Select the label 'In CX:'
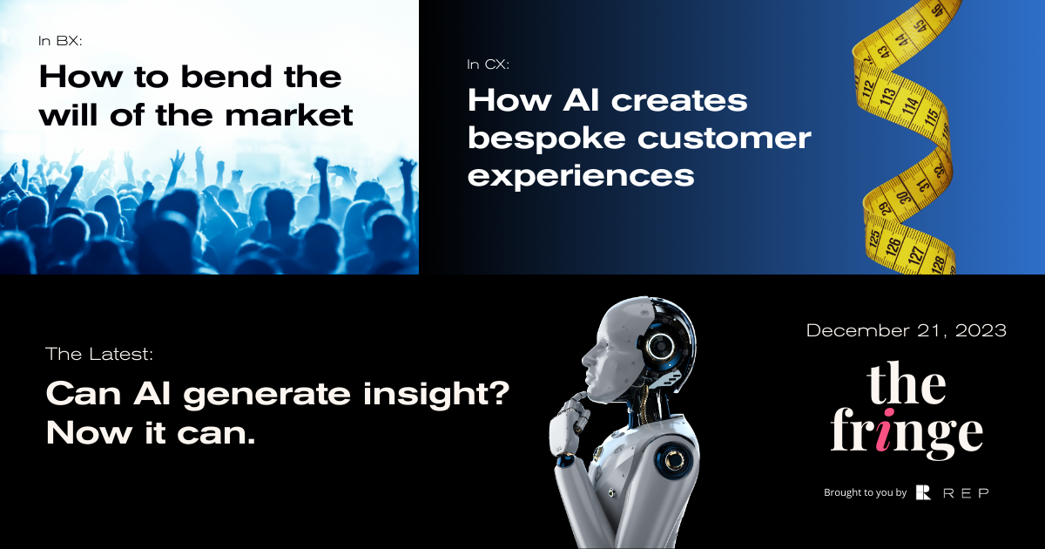(x=488, y=64)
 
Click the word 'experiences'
(x=581, y=175)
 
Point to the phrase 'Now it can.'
(x=150, y=432)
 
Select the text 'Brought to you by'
(x=865, y=493)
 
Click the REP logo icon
(x=924, y=492)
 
